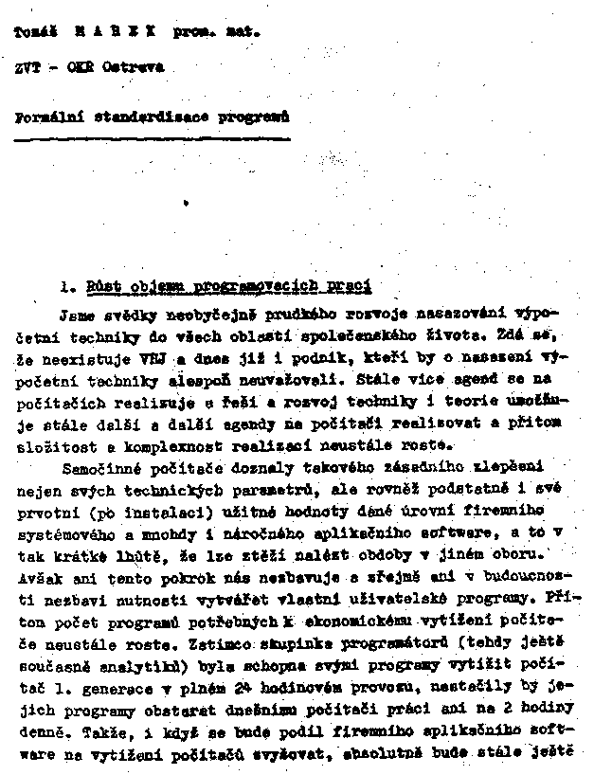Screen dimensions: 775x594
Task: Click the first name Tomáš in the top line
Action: (x=35, y=31)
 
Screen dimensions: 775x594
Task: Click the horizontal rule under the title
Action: (x=152, y=139)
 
